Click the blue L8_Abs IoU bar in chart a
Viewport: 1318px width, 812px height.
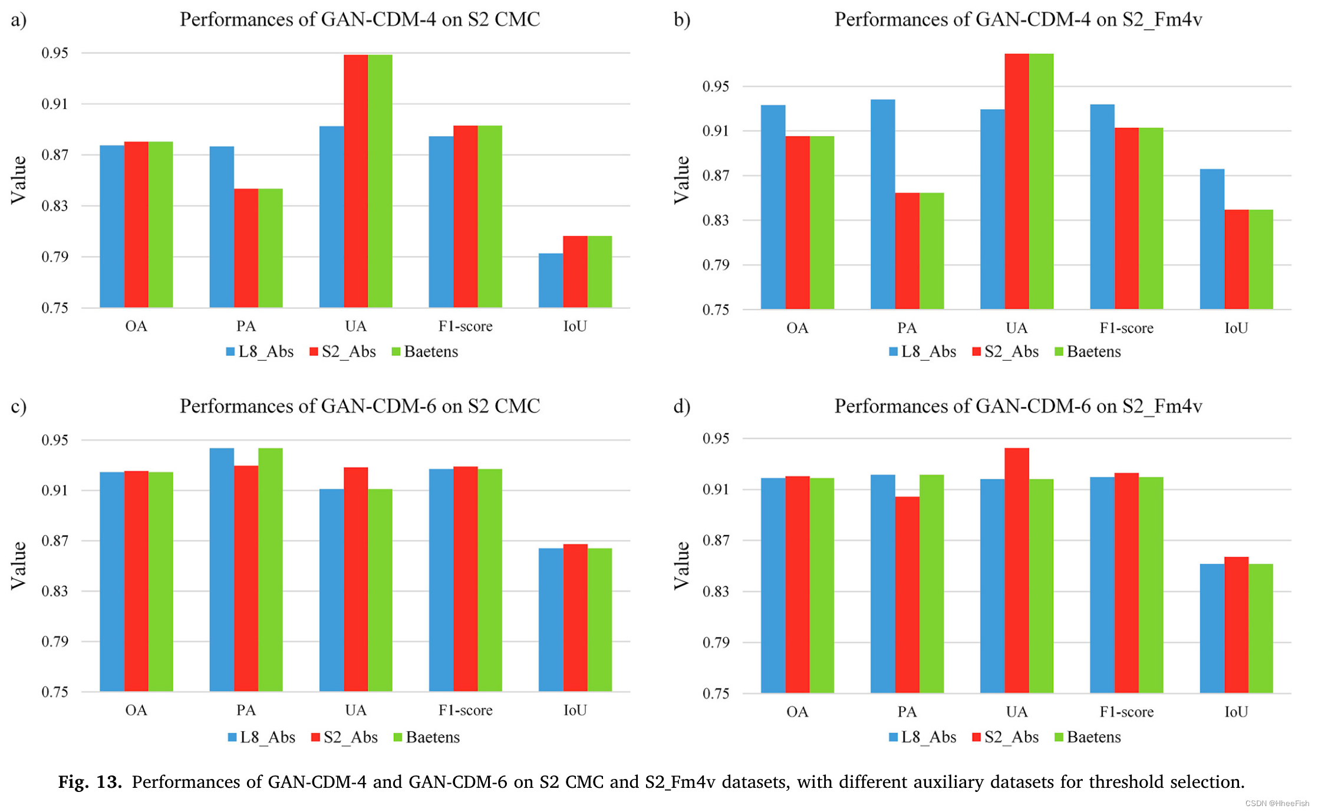coord(551,280)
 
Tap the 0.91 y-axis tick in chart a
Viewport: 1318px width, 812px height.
coord(54,104)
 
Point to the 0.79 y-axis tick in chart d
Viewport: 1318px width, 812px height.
coord(715,642)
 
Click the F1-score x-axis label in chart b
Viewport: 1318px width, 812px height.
coord(1126,328)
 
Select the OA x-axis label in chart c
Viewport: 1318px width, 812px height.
coord(136,710)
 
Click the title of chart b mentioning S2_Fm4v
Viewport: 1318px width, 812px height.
coord(1017,19)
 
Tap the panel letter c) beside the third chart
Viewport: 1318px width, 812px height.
coord(18,407)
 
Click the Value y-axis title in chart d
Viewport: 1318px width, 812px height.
coord(681,566)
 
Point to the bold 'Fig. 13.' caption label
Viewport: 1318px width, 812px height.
coord(90,782)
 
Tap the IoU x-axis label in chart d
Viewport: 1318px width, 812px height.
coord(1235,712)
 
